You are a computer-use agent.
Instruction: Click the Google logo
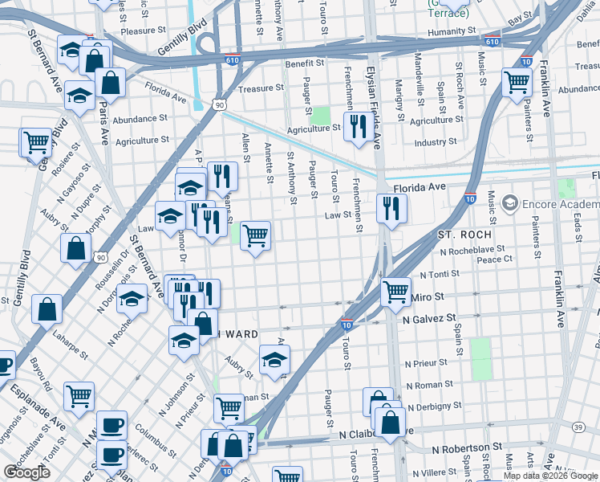click(x=26, y=472)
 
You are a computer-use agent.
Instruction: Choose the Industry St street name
click(x=436, y=143)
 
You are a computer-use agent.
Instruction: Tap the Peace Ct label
click(x=494, y=259)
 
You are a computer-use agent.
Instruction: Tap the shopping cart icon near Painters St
click(x=517, y=81)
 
